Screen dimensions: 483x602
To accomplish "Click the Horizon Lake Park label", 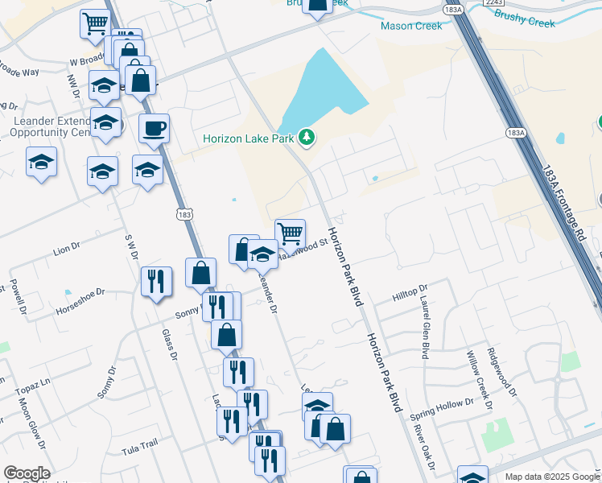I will point(248,138).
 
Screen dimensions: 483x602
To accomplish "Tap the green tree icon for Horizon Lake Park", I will point(307,138).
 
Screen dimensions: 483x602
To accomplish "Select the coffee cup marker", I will point(154,128).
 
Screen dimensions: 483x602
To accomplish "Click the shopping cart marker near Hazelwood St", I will point(290,233).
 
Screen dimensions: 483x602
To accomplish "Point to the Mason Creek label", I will point(411,26).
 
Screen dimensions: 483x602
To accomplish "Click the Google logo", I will point(27,473).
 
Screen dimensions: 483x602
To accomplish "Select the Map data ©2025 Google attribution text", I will point(553,477).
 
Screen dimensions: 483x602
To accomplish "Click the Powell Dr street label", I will point(18,297).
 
